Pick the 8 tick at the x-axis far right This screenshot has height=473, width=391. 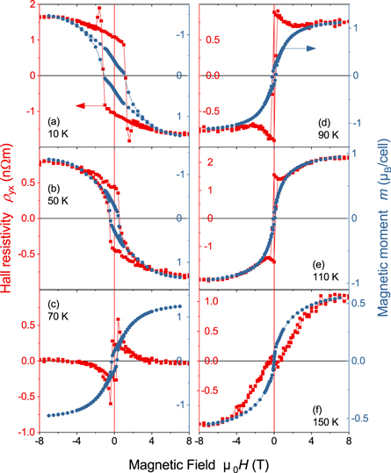point(349,442)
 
